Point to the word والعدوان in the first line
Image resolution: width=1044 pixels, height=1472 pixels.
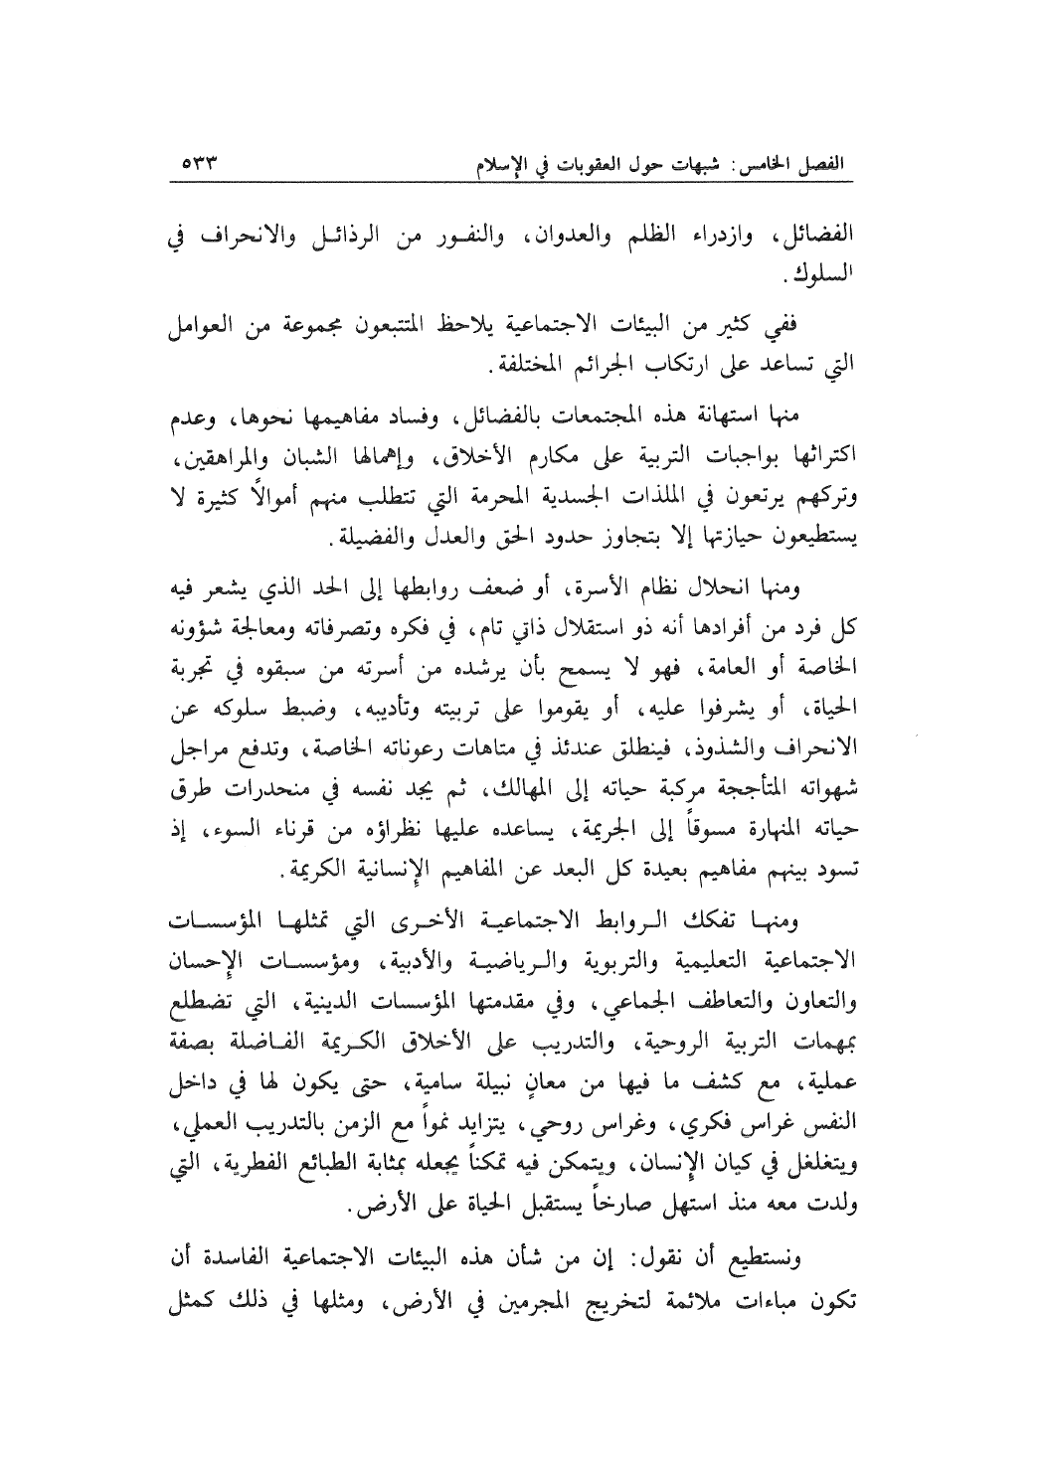tap(546, 239)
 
